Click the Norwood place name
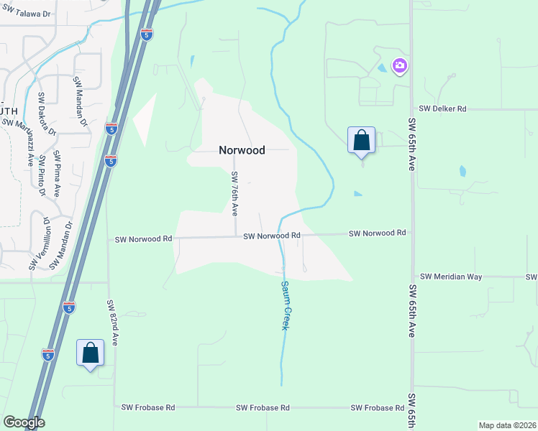click(x=242, y=151)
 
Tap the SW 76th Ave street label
click(x=234, y=193)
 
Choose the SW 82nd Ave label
click(x=112, y=323)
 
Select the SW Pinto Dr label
click(x=42, y=175)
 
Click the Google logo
click(x=24, y=422)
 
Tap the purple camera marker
click(x=399, y=67)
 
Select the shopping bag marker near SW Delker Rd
click(x=361, y=140)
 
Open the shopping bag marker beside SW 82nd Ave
click(x=91, y=353)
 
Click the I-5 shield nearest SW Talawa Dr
click(x=145, y=35)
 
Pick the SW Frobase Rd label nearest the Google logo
click(x=150, y=407)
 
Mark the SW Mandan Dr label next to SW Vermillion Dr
click(x=61, y=246)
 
